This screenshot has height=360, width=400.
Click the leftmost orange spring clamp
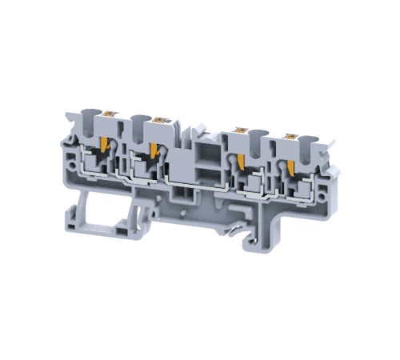pyautogui.click(x=105, y=148)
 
